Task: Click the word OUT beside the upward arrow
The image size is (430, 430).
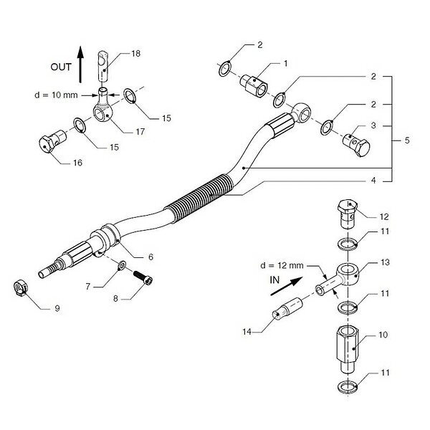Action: click(61, 67)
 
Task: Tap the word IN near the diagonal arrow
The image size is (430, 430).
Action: click(274, 280)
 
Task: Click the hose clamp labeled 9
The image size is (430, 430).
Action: click(21, 289)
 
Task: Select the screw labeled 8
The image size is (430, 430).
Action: click(143, 277)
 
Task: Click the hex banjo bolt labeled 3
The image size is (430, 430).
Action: click(356, 144)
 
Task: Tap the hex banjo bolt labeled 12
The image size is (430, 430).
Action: click(348, 214)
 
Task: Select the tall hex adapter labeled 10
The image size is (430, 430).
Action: click(348, 348)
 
